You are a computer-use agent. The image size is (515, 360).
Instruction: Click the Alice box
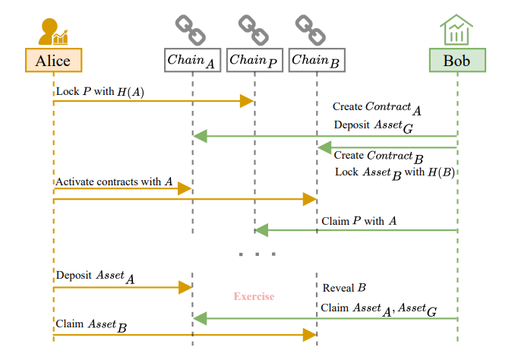(x=53, y=59)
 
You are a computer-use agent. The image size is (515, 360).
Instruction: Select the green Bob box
(x=457, y=59)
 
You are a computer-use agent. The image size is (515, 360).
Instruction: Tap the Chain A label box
(x=192, y=59)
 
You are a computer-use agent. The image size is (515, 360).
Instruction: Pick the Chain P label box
(x=254, y=59)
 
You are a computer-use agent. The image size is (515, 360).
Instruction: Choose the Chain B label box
(x=316, y=59)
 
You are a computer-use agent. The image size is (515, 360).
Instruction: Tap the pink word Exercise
(x=254, y=296)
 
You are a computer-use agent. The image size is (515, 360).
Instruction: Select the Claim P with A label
(x=359, y=221)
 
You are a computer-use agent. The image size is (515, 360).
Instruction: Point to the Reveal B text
(x=345, y=288)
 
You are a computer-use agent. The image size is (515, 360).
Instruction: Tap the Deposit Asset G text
(x=373, y=126)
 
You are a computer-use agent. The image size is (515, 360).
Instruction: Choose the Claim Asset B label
(x=90, y=325)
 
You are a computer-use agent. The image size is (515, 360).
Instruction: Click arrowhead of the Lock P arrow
(x=247, y=101)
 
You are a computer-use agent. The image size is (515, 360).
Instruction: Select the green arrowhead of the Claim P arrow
(x=261, y=230)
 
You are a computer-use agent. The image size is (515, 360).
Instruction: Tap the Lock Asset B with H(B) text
(x=394, y=172)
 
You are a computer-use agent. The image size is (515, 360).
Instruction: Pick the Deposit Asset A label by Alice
(x=94, y=276)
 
